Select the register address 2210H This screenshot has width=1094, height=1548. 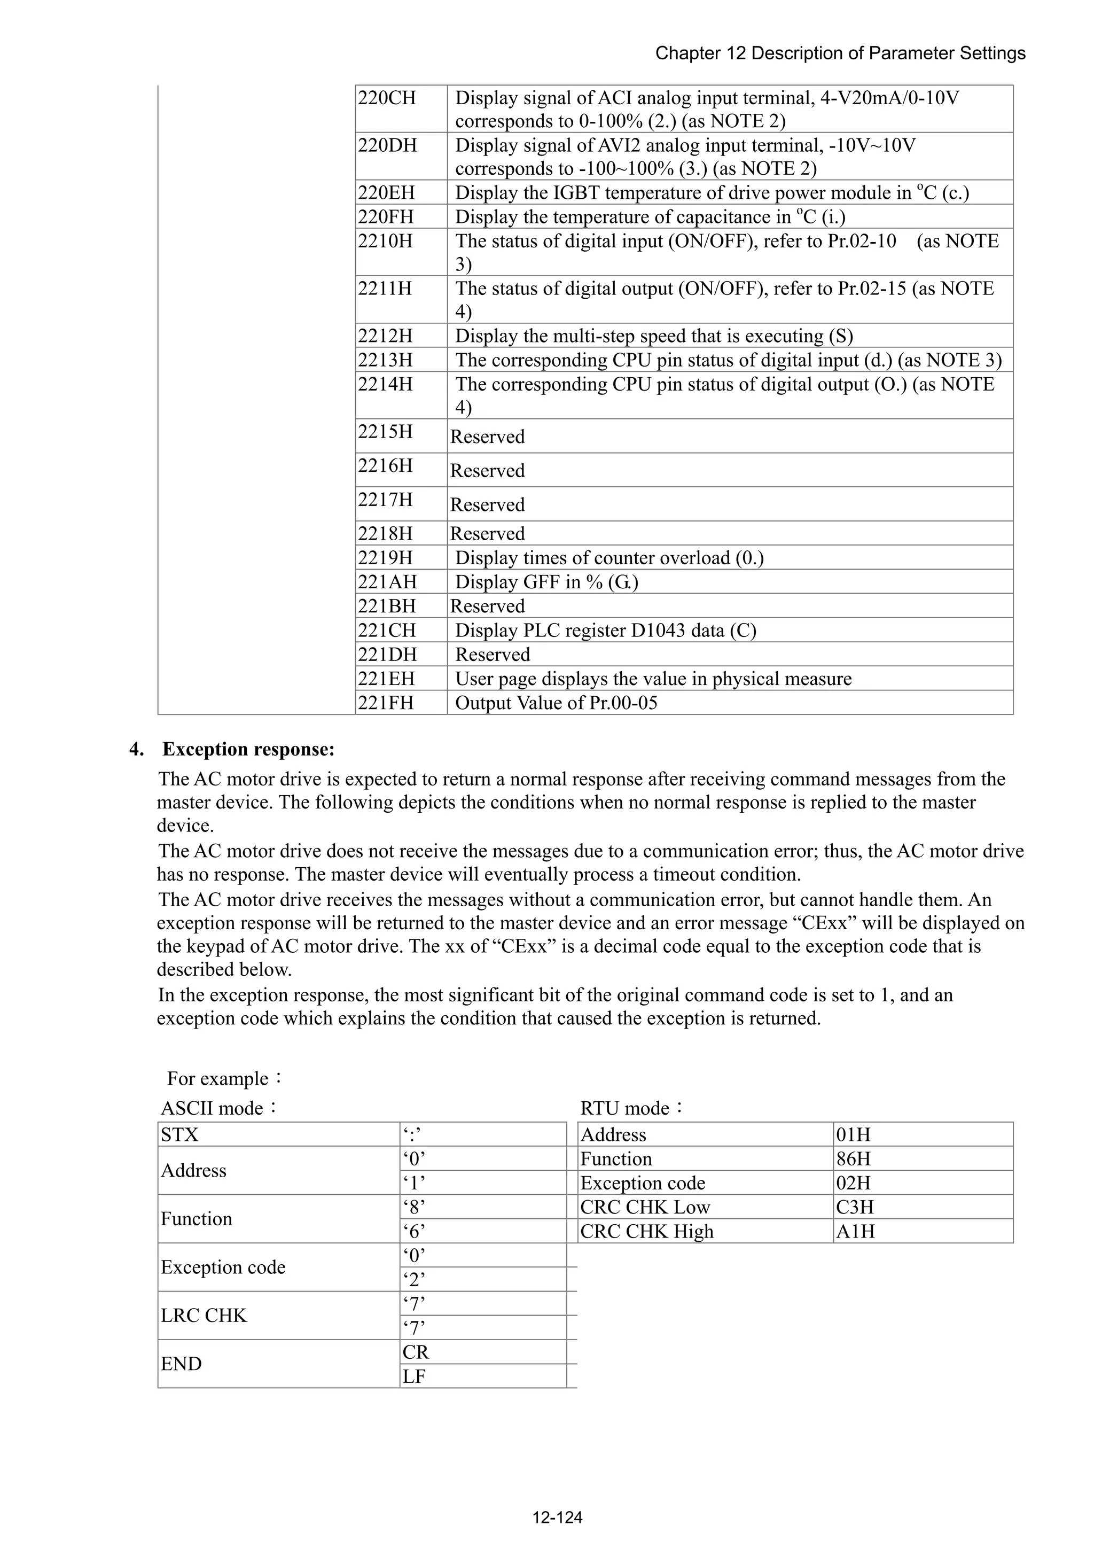pyautogui.click(x=385, y=240)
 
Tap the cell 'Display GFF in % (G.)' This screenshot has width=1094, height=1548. pyautogui.click(x=546, y=582)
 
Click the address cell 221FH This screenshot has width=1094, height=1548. pyautogui.click(x=386, y=703)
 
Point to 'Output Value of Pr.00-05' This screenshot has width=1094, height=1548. pyautogui.click(x=556, y=703)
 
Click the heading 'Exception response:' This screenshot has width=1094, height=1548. pyautogui.click(x=248, y=749)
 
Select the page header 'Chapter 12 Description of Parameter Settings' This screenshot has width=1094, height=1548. pyautogui.click(x=840, y=53)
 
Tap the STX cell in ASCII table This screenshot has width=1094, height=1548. pyautogui.click(x=180, y=1135)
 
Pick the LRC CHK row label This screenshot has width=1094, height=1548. pyautogui.click(x=204, y=1316)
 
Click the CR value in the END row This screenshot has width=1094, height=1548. pyautogui.click(x=416, y=1352)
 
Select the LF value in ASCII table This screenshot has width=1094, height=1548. pyautogui.click(x=414, y=1376)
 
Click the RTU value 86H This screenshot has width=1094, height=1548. pyautogui.click(x=854, y=1159)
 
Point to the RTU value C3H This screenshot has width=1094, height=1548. pyautogui.click(x=855, y=1207)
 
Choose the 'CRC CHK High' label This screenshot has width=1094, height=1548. pyautogui.click(x=646, y=1231)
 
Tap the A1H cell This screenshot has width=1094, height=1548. pyautogui.click(x=855, y=1231)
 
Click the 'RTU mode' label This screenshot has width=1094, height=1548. pyautogui.click(x=631, y=1108)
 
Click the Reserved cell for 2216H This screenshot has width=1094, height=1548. pyautogui.click(x=487, y=470)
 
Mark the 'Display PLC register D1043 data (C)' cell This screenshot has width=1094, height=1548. pyautogui.click(x=605, y=631)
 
